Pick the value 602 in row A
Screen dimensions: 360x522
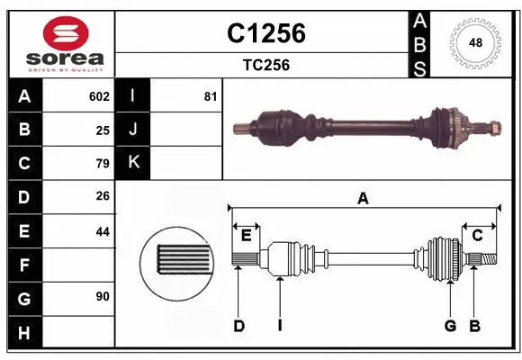[99, 96]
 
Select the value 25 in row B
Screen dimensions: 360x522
[103, 130]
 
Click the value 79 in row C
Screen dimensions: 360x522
[103, 164]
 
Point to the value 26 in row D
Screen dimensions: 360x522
[103, 197]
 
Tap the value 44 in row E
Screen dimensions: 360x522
[103, 231]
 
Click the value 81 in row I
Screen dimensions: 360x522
[210, 96]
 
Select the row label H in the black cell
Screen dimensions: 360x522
[23, 333]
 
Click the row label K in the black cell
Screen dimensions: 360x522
[133, 163]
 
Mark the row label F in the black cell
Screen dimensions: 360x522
[23, 265]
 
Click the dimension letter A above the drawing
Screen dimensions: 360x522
[363, 199]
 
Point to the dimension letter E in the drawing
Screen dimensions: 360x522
[246, 236]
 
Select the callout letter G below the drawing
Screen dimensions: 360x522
[450, 326]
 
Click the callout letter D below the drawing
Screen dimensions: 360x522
[239, 326]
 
